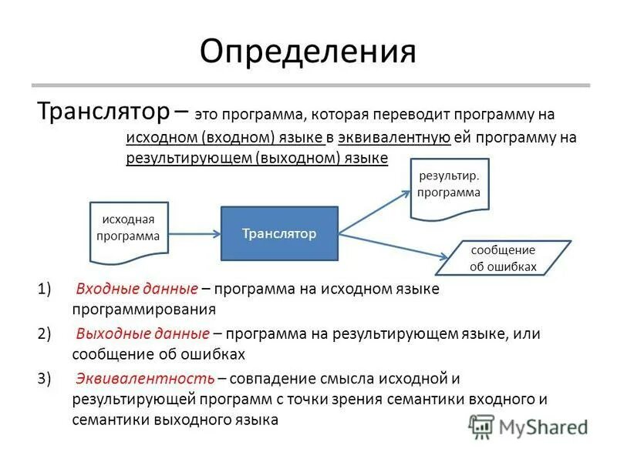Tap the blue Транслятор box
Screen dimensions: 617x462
[x=279, y=233]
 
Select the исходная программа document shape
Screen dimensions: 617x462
[x=129, y=229]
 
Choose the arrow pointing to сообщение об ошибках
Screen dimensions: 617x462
[x=393, y=243]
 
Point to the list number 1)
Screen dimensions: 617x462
[x=43, y=290]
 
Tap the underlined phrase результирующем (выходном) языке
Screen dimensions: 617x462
[x=257, y=158]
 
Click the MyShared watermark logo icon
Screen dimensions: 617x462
[x=481, y=426]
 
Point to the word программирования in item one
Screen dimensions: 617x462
[x=144, y=310]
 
